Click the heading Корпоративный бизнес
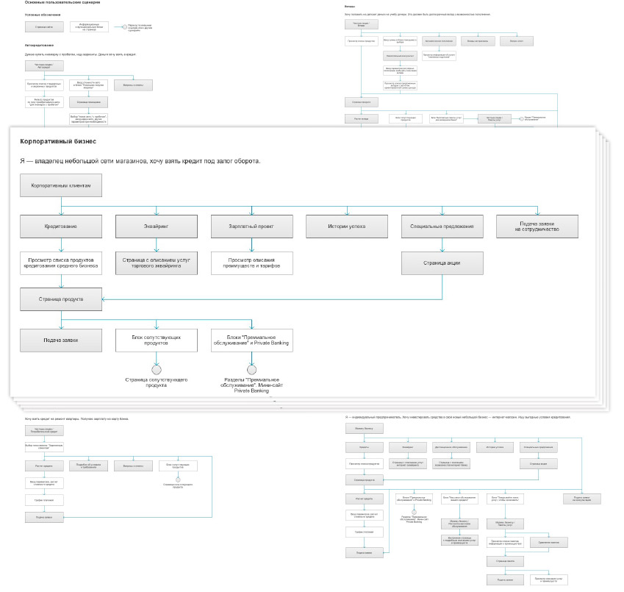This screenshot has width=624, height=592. pyautogui.click(x=58, y=140)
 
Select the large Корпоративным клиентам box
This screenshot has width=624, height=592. pyautogui.click(x=61, y=186)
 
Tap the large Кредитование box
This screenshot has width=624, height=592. pyautogui.click(x=60, y=227)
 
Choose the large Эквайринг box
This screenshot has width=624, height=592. pyautogui.click(x=156, y=227)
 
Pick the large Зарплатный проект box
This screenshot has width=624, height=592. pyautogui.click(x=251, y=227)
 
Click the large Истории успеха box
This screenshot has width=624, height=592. pyautogui.click(x=346, y=227)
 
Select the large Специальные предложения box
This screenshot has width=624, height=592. pyautogui.click(x=442, y=227)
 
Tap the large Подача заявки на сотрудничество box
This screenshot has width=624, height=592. pyautogui.click(x=537, y=227)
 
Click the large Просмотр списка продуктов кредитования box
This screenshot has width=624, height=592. pyautogui.click(x=60, y=263)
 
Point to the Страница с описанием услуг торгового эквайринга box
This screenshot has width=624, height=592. pyautogui.click(x=156, y=263)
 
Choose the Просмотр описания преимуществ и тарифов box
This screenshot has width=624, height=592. pyautogui.click(x=251, y=263)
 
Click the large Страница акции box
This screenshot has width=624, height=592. pyautogui.click(x=442, y=263)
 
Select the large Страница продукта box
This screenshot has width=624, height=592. pyautogui.click(x=60, y=299)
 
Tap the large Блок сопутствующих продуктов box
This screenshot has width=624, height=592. pyautogui.click(x=156, y=340)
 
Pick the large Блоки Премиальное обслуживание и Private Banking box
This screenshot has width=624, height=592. pyautogui.click(x=251, y=340)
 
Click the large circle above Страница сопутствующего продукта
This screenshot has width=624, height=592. pyautogui.click(x=156, y=369)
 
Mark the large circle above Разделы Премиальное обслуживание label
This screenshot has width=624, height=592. pyautogui.click(x=251, y=369)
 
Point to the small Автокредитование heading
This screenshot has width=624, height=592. pyautogui.click(x=38, y=45)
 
